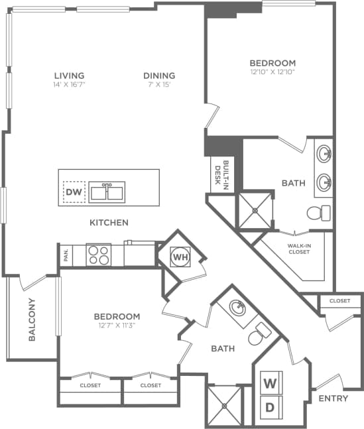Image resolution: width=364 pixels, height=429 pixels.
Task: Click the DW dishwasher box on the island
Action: pyautogui.click(x=75, y=192)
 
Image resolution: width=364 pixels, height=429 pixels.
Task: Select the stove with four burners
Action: pyautogui.click(x=99, y=255)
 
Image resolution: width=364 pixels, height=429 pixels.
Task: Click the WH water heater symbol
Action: pyautogui.click(x=180, y=255)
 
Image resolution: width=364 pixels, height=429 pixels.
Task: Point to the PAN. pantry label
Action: pyautogui.click(x=66, y=256)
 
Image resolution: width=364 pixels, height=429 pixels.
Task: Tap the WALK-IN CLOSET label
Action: pyautogui.click(x=300, y=249)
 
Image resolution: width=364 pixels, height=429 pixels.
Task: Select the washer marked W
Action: pyautogui.click(x=271, y=383)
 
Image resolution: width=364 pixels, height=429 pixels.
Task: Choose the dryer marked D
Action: pyautogui.click(x=271, y=408)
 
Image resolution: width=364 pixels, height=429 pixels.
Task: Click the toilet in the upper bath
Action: pyautogui.click(x=319, y=213)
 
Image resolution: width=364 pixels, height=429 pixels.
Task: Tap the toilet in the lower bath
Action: pyautogui.click(x=259, y=336)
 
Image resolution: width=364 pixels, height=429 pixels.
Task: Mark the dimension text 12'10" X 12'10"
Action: pyautogui.click(x=273, y=72)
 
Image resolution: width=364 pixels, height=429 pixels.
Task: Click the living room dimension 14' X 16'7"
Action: pyautogui.click(x=69, y=84)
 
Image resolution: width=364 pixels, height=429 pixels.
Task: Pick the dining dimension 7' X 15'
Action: pyautogui.click(x=159, y=84)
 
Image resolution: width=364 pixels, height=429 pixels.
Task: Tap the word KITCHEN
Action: pyautogui.click(x=109, y=223)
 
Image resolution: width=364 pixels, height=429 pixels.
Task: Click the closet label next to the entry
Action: pyautogui.click(x=339, y=301)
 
